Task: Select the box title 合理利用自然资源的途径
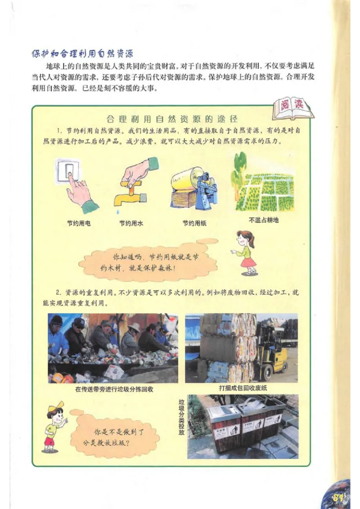tap(172, 119)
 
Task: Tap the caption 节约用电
tap(78, 223)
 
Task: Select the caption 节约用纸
tap(194, 223)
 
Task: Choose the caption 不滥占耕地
tap(264, 220)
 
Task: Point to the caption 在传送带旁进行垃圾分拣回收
tap(114, 389)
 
